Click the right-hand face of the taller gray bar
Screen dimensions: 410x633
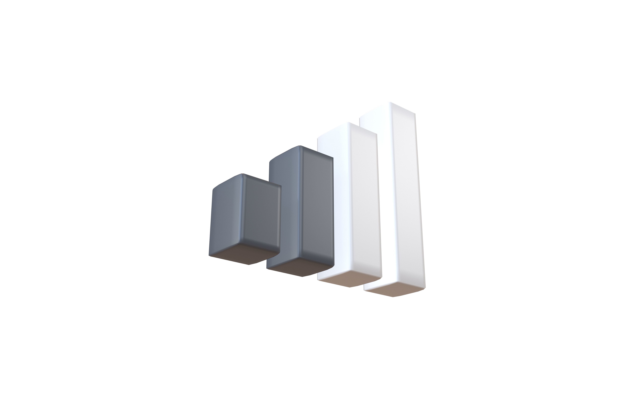316,210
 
